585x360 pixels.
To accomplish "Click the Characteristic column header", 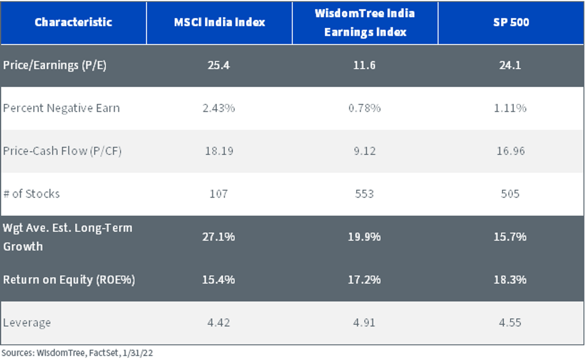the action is tap(74, 22).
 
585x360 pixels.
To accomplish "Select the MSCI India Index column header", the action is tap(219, 22).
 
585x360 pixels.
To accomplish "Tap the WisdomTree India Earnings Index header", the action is tap(365, 23).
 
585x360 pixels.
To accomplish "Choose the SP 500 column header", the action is tap(511, 22).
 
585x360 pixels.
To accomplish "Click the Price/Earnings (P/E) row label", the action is tap(55, 65).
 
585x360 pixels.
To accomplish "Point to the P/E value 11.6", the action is tap(364, 65).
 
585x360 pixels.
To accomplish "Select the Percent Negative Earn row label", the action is tap(61, 108).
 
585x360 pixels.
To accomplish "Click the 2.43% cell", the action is tap(219, 108).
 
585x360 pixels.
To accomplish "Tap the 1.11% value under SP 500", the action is tap(510, 108).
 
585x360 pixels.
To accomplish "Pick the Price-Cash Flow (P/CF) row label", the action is tap(62, 151).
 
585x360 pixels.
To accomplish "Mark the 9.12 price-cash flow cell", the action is tap(365, 151).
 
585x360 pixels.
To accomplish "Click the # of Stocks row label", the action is tap(31, 194).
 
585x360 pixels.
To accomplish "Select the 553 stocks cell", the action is tap(364, 194).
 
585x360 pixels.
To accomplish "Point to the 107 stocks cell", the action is tap(218, 194).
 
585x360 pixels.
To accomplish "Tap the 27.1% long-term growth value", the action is tap(218, 237).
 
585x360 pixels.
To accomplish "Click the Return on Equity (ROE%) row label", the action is tap(69, 280).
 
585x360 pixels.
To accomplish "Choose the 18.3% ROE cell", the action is tap(510, 280).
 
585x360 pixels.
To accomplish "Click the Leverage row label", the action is tap(27, 323).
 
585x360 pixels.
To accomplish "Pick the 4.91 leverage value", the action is tap(364, 322).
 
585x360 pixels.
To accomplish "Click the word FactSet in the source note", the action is tap(104, 353).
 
